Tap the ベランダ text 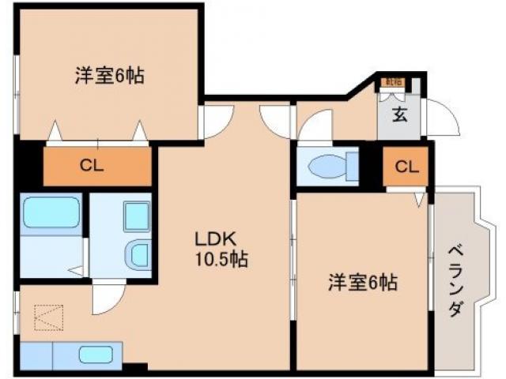point(455,281)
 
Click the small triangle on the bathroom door point(77,271)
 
